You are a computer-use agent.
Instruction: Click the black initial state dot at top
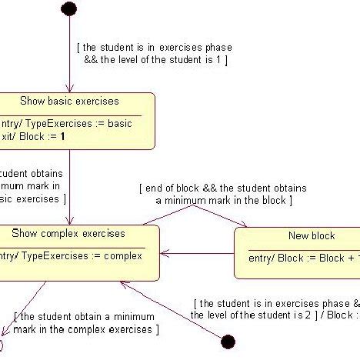pyautogui.click(x=69, y=8)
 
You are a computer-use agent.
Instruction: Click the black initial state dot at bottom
pyautogui.click(x=228, y=341)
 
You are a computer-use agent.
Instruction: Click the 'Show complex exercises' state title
pyautogui.click(x=80, y=234)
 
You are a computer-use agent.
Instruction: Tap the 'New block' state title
pyautogui.click(x=312, y=236)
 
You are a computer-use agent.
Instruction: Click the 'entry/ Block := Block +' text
pyautogui.click(x=300, y=258)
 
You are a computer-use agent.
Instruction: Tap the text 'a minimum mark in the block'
pyautogui.click(x=223, y=200)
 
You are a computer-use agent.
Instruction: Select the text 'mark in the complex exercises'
pyautogui.click(x=86, y=329)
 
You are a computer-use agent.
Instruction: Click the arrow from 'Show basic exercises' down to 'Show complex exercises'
pyautogui.click(x=70, y=185)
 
